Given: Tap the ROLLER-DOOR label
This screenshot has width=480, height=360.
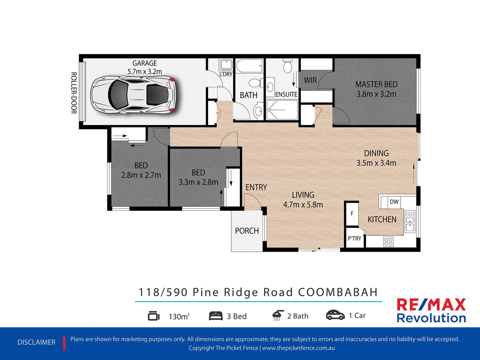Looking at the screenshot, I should tap(74, 93).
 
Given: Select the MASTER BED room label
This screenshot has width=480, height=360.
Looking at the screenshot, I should tap(376, 85).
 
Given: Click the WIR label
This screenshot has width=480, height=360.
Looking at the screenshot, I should tap(310, 80).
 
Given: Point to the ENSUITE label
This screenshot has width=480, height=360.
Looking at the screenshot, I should tap(286, 95).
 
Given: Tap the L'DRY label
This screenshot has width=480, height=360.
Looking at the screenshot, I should tap(226, 74).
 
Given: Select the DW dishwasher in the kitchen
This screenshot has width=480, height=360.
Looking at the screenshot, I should tap(394, 202).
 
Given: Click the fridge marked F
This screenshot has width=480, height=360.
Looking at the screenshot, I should tap(352, 213).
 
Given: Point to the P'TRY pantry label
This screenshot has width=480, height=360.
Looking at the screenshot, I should tap(354, 239).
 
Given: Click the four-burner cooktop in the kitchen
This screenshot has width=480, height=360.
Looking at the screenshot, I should tap(388, 241).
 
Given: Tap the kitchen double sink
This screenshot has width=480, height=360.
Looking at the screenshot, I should tap(410, 222).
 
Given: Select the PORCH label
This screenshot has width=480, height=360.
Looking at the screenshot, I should tap(247, 231).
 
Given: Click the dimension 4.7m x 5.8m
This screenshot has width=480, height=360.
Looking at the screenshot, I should tap(303, 205).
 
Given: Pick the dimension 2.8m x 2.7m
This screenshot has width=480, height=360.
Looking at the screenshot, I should tap(141, 175).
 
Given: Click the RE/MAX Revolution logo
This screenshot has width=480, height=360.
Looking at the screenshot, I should tap(431, 311).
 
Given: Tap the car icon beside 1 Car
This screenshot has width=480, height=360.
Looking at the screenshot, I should tap(335, 315).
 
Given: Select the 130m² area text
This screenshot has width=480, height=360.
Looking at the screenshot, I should tap(179, 316).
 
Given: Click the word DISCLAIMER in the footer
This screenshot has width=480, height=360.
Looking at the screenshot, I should tap(36, 342).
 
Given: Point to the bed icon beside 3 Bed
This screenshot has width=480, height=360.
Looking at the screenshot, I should tap(216, 316).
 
